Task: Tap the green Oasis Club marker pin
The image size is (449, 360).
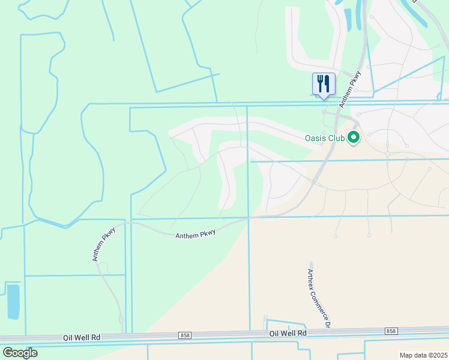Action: pyautogui.click(x=354, y=138)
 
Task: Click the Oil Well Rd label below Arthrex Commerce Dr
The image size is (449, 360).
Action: pyautogui.click(x=288, y=334)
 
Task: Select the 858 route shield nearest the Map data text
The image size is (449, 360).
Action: pyautogui.click(x=391, y=331)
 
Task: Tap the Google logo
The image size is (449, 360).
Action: pyautogui.click(x=20, y=353)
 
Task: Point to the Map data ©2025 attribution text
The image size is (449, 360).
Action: pyautogui.click(x=423, y=355)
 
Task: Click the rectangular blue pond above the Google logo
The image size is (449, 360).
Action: pyautogui.click(x=13, y=301)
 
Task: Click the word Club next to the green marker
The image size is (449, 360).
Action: pyautogui.click(x=337, y=138)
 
